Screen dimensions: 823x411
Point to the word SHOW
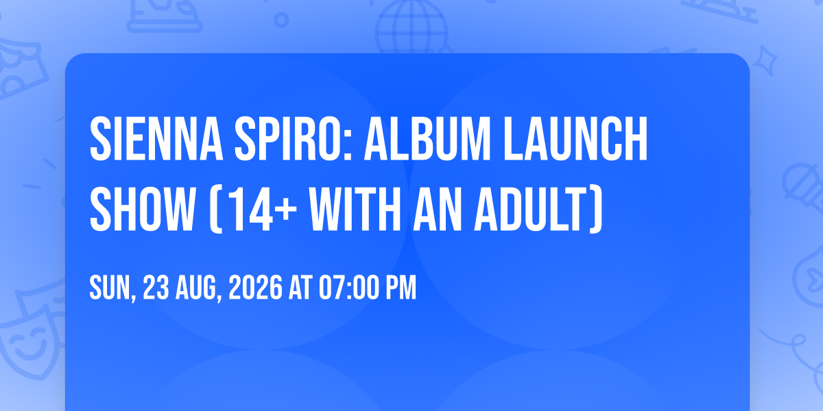pos(142,209)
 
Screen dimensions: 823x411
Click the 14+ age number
pos(262,209)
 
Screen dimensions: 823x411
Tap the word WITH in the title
pos(355,209)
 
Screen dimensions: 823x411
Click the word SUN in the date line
pos(110,288)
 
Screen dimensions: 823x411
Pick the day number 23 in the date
pos(156,288)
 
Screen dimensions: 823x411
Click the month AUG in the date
pos(196,288)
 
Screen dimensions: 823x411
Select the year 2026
pos(255,288)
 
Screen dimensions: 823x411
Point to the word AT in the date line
pos(300,288)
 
